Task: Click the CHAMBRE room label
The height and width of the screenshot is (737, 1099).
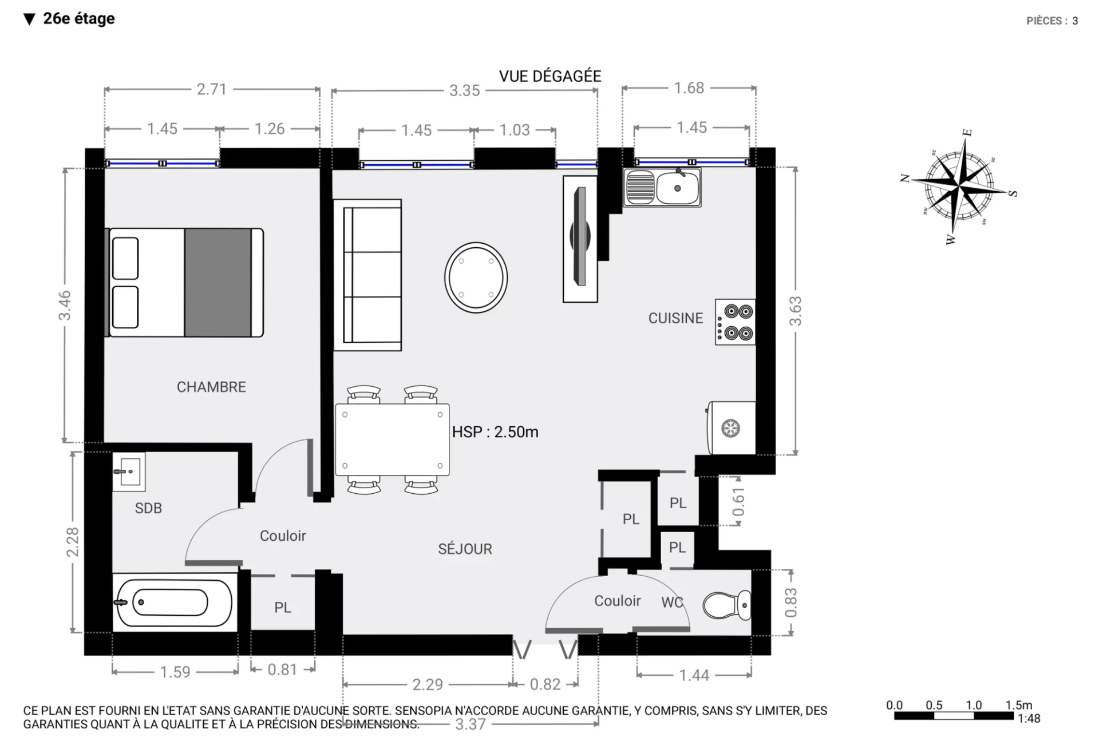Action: (211, 387)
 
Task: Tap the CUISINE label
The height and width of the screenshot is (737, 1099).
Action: (675, 318)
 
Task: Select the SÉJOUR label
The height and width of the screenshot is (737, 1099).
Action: (465, 549)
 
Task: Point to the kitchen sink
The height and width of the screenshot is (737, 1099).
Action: (662, 187)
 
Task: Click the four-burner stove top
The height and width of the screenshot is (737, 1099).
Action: (735, 322)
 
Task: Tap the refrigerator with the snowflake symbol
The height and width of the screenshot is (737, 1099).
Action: (731, 428)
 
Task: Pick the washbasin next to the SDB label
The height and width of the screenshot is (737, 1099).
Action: (129, 471)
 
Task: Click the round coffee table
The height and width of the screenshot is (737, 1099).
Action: (476, 278)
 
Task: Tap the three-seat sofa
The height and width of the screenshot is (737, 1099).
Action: (367, 275)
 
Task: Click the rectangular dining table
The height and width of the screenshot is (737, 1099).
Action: (392, 439)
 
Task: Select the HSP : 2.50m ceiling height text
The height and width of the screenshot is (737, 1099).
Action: (495, 432)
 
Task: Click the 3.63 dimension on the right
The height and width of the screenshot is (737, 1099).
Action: (796, 311)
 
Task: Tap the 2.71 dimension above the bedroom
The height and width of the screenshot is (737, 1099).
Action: (212, 89)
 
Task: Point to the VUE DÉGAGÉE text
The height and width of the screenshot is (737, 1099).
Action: (550, 76)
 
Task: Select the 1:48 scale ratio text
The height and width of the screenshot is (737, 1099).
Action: (1029, 719)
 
